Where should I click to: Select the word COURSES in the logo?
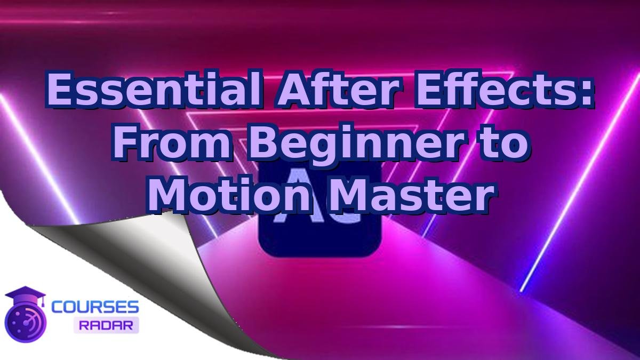(x=95, y=307)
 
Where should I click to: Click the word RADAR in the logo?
(x=106, y=325)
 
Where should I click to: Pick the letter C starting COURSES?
(x=57, y=307)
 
